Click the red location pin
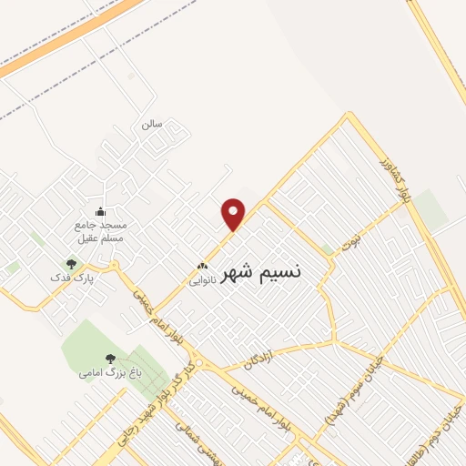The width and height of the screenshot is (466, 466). click(x=235, y=213)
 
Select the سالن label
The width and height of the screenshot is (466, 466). click(x=150, y=124)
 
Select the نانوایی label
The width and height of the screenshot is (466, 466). click(x=202, y=281)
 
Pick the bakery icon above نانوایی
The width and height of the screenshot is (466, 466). click(x=203, y=268)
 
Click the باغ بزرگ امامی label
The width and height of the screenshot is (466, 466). click(x=100, y=372)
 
